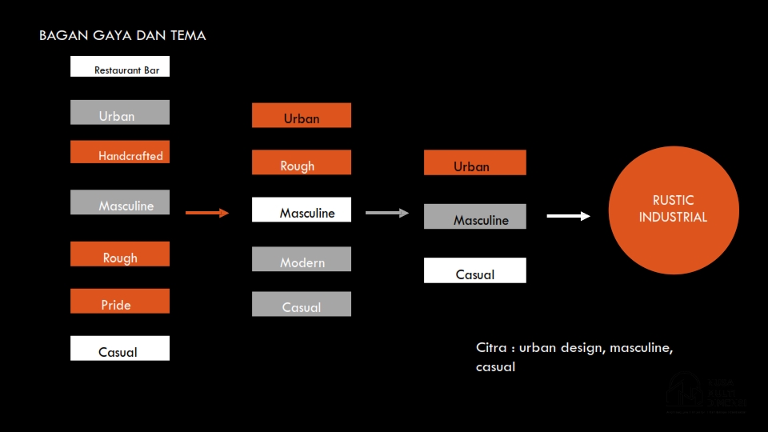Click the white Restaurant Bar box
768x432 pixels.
[120, 66]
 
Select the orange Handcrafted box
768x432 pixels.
[120, 152]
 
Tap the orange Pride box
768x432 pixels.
[120, 302]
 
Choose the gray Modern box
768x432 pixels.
[302, 259]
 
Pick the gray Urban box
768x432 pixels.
[120, 113]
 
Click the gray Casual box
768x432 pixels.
[302, 304]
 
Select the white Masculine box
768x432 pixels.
[302, 210]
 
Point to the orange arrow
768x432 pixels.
[207, 213]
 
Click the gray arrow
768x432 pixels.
[387, 213]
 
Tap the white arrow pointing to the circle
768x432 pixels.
[568, 216]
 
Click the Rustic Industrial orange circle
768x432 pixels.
[674, 210]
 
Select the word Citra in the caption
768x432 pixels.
[491, 348]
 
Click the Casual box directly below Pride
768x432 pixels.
[120, 349]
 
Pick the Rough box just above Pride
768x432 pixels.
[120, 254]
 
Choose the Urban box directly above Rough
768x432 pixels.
[302, 116]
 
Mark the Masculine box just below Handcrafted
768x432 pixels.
[120, 202]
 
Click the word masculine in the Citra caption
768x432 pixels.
[641, 348]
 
